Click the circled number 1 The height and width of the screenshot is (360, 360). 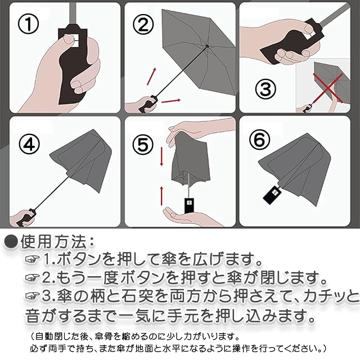tap(29, 24)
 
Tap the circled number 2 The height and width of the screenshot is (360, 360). tap(143, 24)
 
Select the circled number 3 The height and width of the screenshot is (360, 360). tap(265, 89)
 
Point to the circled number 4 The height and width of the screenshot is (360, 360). tap(29, 143)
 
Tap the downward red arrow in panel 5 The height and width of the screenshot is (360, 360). tap(161, 156)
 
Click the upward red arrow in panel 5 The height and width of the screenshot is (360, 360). tap(161, 196)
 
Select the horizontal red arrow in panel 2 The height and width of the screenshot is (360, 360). tap(171, 101)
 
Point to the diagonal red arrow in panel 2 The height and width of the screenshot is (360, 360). tap(151, 76)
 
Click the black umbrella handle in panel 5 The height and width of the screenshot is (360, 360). tap(189, 205)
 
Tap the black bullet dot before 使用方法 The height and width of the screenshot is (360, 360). tap(11, 241)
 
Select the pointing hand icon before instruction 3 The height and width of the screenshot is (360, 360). tap(33, 296)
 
